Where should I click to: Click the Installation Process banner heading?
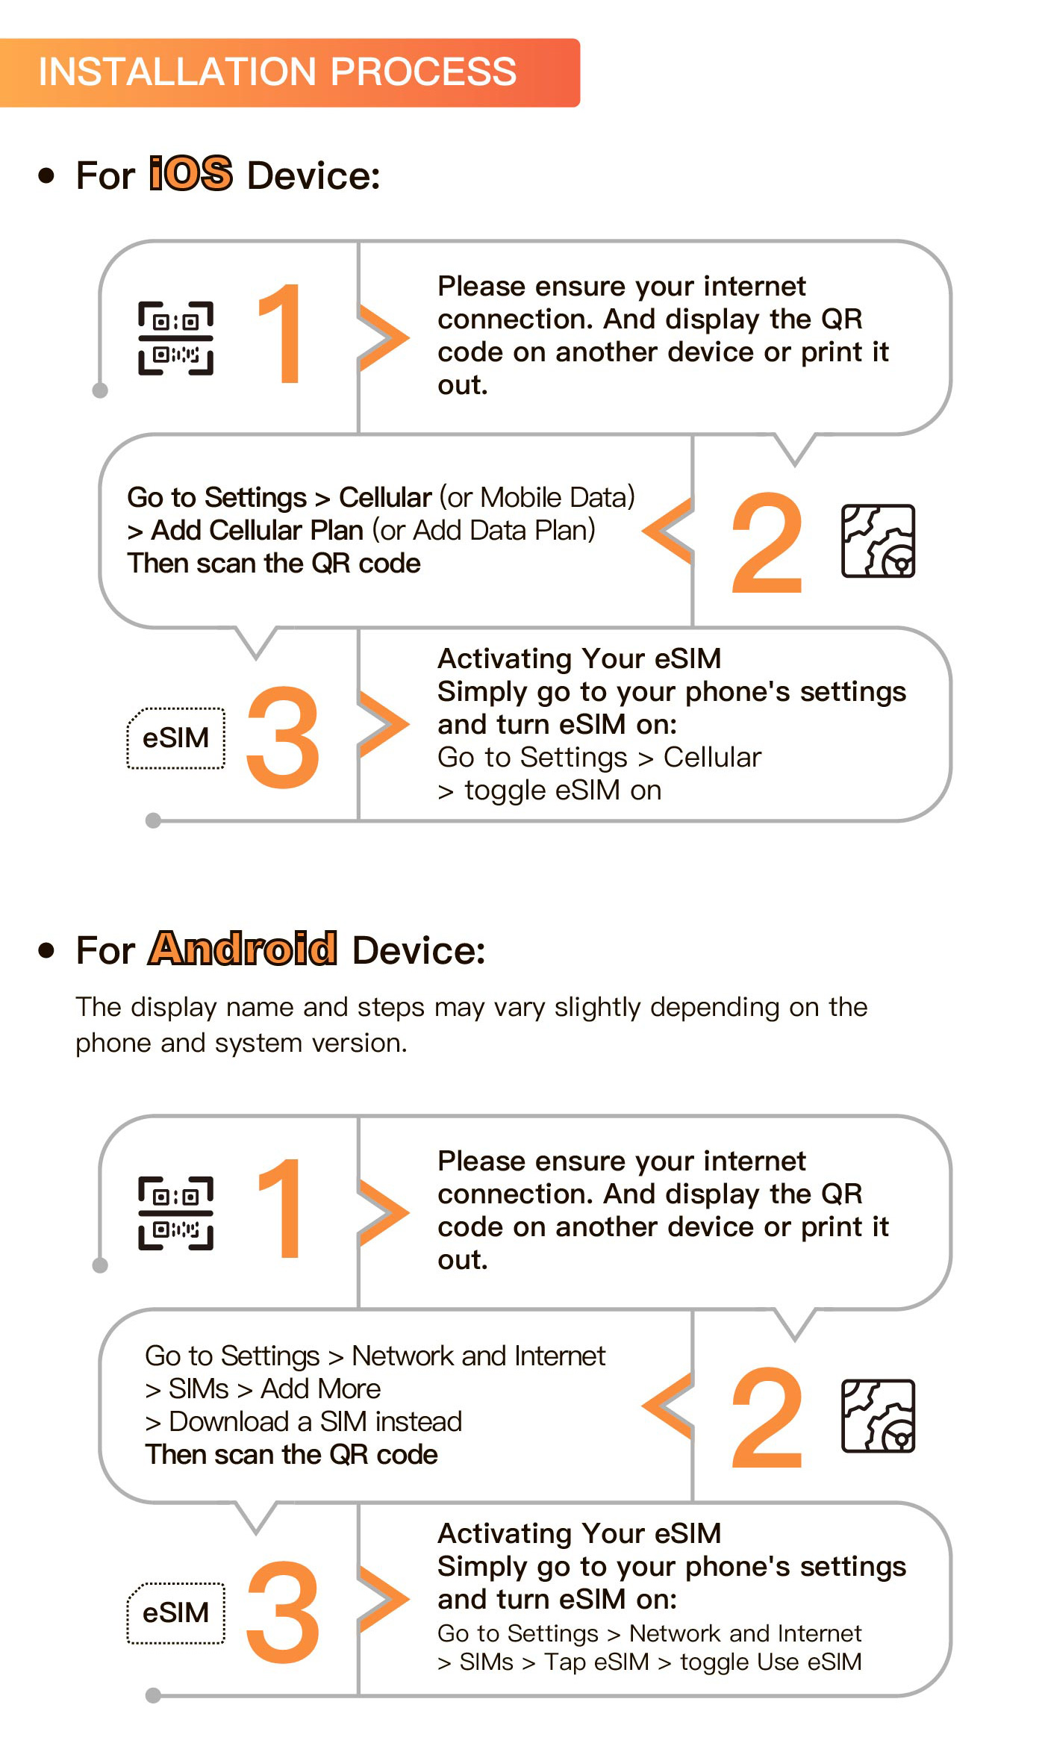(277, 72)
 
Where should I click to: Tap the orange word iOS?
(191, 173)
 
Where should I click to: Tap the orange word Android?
(243, 948)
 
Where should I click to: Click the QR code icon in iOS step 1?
(175, 337)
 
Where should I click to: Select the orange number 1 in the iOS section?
(281, 333)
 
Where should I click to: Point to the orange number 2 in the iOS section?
(767, 542)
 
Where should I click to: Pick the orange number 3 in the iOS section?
(283, 737)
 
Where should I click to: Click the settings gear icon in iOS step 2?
(878, 540)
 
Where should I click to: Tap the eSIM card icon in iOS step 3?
(175, 738)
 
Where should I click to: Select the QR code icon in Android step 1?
(175, 1212)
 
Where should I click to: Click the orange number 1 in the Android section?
(281, 1208)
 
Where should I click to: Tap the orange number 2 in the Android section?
(767, 1417)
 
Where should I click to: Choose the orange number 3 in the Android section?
(283, 1612)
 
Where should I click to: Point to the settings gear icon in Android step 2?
(878, 1415)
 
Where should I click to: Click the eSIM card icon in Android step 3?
(175, 1612)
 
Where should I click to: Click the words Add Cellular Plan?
(257, 530)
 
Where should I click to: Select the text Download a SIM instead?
(316, 1421)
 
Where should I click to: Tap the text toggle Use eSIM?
(771, 1662)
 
